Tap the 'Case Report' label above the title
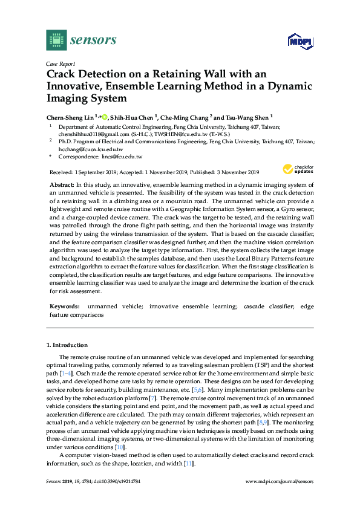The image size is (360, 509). (60, 63)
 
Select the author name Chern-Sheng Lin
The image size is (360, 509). (69, 117)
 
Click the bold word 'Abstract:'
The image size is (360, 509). (61, 183)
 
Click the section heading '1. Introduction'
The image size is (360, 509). (67, 345)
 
